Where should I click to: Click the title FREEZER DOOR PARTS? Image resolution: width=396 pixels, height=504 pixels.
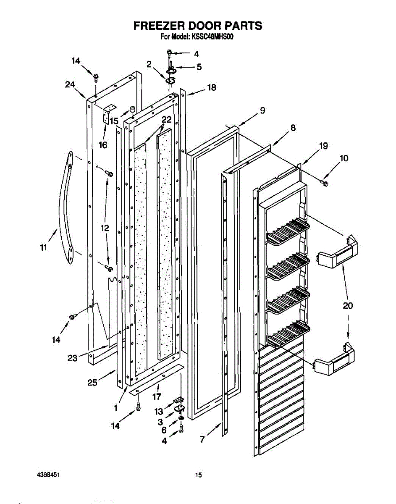click(198, 26)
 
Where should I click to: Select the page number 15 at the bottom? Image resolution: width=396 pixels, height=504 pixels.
click(198, 475)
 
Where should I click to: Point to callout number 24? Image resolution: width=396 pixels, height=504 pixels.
click(70, 84)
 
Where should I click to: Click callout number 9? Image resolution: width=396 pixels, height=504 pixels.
click(262, 111)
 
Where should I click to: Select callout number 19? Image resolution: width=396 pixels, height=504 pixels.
click(323, 146)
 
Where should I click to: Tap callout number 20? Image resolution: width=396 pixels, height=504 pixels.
click(348, 306)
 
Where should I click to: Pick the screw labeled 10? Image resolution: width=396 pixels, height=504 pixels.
click(324, 182)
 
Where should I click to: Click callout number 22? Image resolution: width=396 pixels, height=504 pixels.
click(166, 119)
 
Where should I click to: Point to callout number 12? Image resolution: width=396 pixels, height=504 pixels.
click(105, 228)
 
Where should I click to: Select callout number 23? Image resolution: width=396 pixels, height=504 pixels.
click(73, 358)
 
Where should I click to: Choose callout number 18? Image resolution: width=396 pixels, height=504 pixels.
click(211, 87)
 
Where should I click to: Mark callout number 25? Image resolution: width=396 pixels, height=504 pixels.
click(92, 382)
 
